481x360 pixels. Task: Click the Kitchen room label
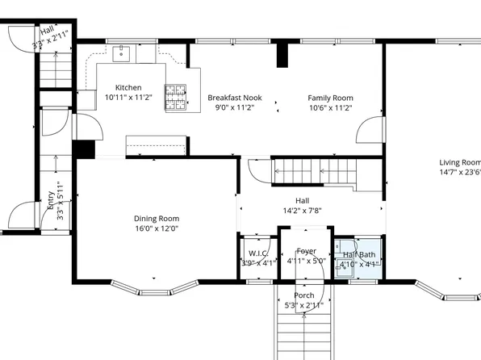(x=128, y=87)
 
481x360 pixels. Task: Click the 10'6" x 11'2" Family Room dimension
(x=330, y=107)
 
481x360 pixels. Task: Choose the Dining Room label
(x=156, y=218)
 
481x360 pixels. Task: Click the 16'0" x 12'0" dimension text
(x=156, y=228)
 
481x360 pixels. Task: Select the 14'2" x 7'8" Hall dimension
(x=303, y=211)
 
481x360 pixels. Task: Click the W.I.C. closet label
(x=258, y=252)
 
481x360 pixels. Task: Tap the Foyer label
(x=306, y=251)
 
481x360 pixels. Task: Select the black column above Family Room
(x=282, y=54)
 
